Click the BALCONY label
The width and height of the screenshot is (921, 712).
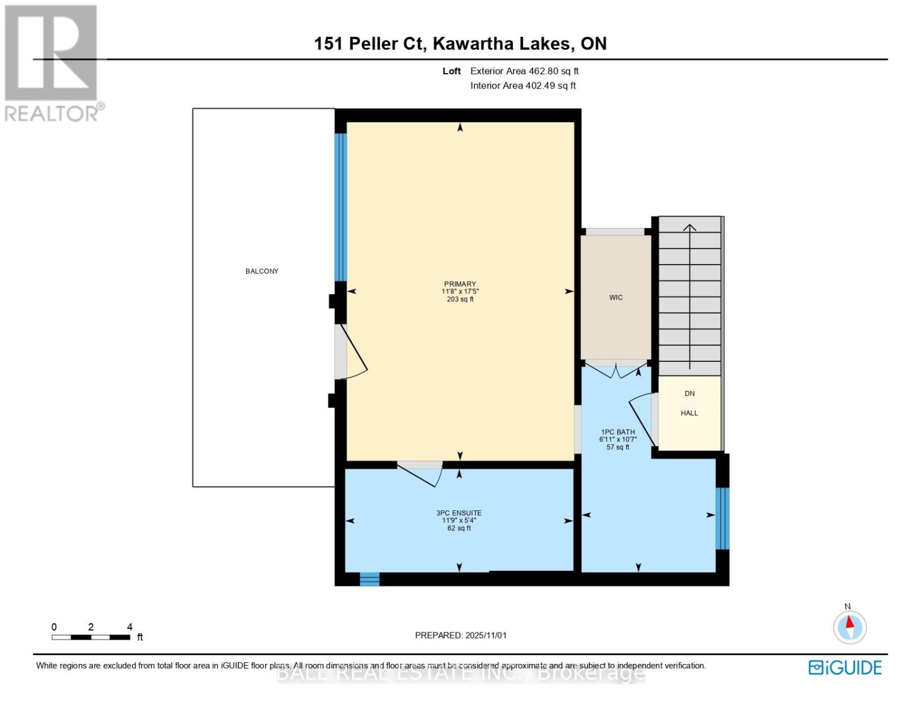pyautogui.click(x=262, y=271)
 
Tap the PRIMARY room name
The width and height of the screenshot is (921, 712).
pyautogui.click(x=460, y=284)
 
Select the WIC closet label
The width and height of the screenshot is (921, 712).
pyautogui.click(x=616, y=297)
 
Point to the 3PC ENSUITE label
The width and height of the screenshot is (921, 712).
pyautogui.click(x=459, y=513)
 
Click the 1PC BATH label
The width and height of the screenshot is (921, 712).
pyautogui.click(x=618, y=432)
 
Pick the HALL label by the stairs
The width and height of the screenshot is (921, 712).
pyautogui.click(x=689, y=413)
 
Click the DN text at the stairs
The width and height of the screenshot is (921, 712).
pyautogui.click(x=689, y=393)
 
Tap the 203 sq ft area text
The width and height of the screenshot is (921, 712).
pyautogui.click(x=460, y=300)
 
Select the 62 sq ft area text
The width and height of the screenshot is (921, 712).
pyautogui.click(x=459, y=528)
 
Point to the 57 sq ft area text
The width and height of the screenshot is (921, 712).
pyautogui.click(x=618, y=447)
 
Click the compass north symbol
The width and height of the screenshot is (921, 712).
pyautogui.click(x=850, y=627)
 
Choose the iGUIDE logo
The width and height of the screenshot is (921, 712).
pyautogui.click(x=845, y=667)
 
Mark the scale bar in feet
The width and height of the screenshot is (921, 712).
pyautogui.click(x=91, y=637)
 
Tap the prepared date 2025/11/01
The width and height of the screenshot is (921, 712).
pyautogui.click(x=461, y=635)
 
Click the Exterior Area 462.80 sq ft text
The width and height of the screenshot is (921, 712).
pyautogui.click(x=524, y=71)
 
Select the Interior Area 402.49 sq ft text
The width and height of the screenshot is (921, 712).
pyautogui.click(x=523, y=86)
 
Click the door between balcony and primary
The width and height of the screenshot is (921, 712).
pyautogui.click(x=350, y=352)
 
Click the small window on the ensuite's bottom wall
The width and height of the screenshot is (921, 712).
pyautogui.click(x=369, y=578)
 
